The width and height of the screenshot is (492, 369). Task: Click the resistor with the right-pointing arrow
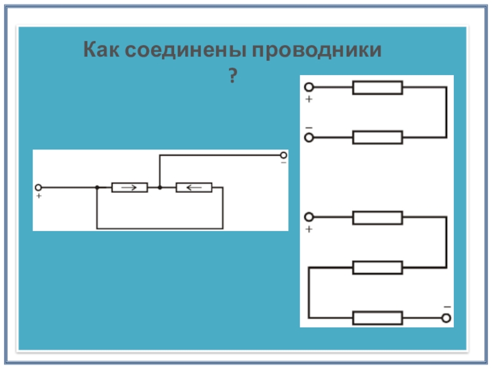(x=129, y=187)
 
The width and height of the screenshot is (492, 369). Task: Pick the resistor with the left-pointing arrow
(x=194, y=187)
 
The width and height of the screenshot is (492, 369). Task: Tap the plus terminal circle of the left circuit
(x=38, y=187)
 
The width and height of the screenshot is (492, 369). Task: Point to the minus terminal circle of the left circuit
(x=283, y=156)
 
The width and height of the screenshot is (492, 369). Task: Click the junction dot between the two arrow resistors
(x=159, y=187)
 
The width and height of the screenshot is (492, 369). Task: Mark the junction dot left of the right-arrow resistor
(x=97, y=187)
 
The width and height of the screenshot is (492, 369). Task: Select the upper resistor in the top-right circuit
(x=377, y=88)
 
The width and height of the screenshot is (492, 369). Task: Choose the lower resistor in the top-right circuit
(x=377, y=137)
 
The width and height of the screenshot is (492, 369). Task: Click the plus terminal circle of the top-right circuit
(x=309, y=88)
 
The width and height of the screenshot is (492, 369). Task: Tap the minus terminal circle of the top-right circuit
(x=309, y=137)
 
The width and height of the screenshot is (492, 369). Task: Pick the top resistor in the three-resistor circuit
(x=377, y=217)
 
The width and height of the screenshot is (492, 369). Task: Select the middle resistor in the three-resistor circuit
(x=377, y=267)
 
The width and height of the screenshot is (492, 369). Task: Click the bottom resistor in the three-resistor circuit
(x=377, y=318)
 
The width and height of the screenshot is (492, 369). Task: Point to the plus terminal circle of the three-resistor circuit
(x=309, y=217)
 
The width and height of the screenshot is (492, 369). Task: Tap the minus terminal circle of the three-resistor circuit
(x=447, y=318)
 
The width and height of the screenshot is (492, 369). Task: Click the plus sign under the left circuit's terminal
(x=39, y=196)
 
